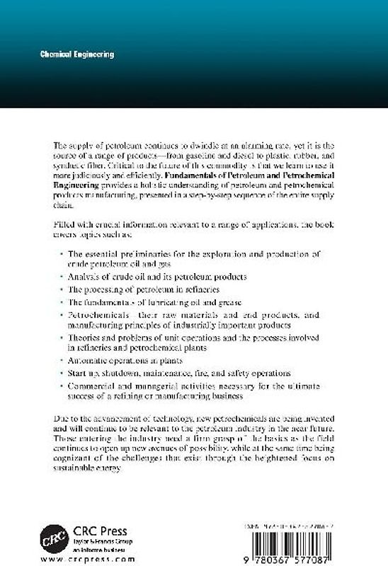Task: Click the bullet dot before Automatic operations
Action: point(62,359)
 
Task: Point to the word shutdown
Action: point(120,373)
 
